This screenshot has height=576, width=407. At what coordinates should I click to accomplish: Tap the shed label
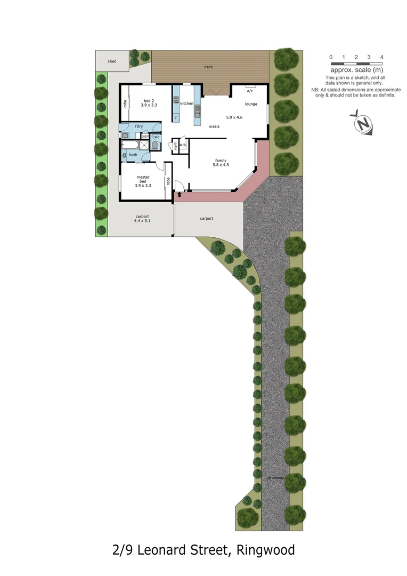click(x=112, y=61)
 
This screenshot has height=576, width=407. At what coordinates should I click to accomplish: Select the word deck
click(x=208, y=67)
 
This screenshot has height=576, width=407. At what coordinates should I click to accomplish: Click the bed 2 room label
click(x=149, y=101)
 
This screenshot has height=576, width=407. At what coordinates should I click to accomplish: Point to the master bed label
click(x=143, y=177)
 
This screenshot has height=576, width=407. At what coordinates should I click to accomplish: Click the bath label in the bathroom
click(x=133, y=155)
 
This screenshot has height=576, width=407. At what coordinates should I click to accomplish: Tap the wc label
click(x=157, y=136)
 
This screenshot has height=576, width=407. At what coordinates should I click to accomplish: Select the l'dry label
click(x=139, y=126)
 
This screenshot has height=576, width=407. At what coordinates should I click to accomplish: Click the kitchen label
click(x=186, y=103)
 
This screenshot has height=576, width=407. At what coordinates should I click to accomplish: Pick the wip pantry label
click(x=183, y=145)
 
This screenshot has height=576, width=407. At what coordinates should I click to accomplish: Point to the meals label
click(x=214, y=126)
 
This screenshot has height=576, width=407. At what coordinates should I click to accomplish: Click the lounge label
click(x=251, y=104)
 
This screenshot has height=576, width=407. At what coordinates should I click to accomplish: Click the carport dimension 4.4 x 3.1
click(x=142, y=220)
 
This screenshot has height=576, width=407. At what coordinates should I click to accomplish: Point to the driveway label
click(x=276, y=477)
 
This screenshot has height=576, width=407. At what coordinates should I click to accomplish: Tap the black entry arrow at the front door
click(x=180, y=194)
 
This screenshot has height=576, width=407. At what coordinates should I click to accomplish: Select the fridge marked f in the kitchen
click(x=176, y=117)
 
